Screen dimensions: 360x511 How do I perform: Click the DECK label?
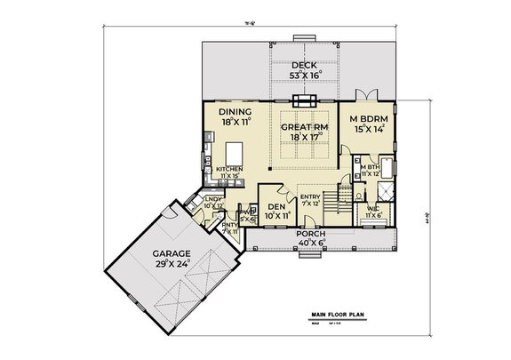coord(302,65)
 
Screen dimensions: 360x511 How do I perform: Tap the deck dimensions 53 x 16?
coord(302,76)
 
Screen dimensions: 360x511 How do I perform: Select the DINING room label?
coord(236,112)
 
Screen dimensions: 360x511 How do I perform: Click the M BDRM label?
coord(365,119)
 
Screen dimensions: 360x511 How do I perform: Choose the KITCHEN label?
coord(228,168)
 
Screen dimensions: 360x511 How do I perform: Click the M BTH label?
coord(369,165)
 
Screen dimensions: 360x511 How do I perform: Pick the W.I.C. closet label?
coord(372,210)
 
